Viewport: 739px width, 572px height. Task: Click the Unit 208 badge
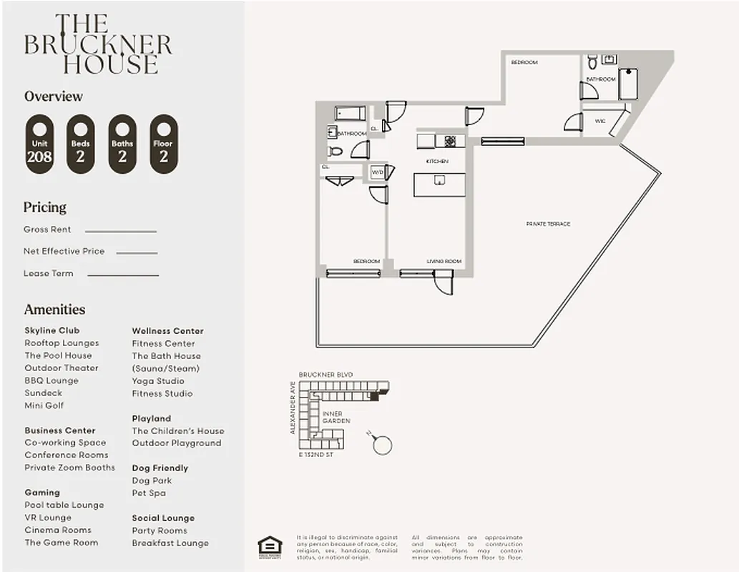coord(39,144)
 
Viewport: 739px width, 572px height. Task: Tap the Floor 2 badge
coord(164,144)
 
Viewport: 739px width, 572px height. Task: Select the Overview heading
coord(54,97)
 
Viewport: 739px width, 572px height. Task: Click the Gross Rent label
coord(47,230)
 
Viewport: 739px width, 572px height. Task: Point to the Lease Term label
coord(48,273)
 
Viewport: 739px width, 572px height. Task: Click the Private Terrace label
coord(548,225)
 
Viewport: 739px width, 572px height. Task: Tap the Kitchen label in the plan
coord(436,162)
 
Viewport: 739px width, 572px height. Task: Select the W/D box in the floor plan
coord(377,172)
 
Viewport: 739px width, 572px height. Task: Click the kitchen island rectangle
coord(439,184)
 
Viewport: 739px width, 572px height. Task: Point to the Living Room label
coord(444,262)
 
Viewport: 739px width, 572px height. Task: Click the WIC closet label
coord(599,122)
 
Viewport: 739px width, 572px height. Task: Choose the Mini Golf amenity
coord(44,405)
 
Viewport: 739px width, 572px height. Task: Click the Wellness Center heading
coord(167,331)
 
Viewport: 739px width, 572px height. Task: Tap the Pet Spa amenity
coord(149,493)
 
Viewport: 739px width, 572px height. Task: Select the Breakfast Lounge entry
coord(170,543)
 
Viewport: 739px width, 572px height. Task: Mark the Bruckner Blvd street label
coord(326,375)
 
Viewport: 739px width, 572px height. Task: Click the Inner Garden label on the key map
coord(336,418)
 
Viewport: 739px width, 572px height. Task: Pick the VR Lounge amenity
coord(48,518)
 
